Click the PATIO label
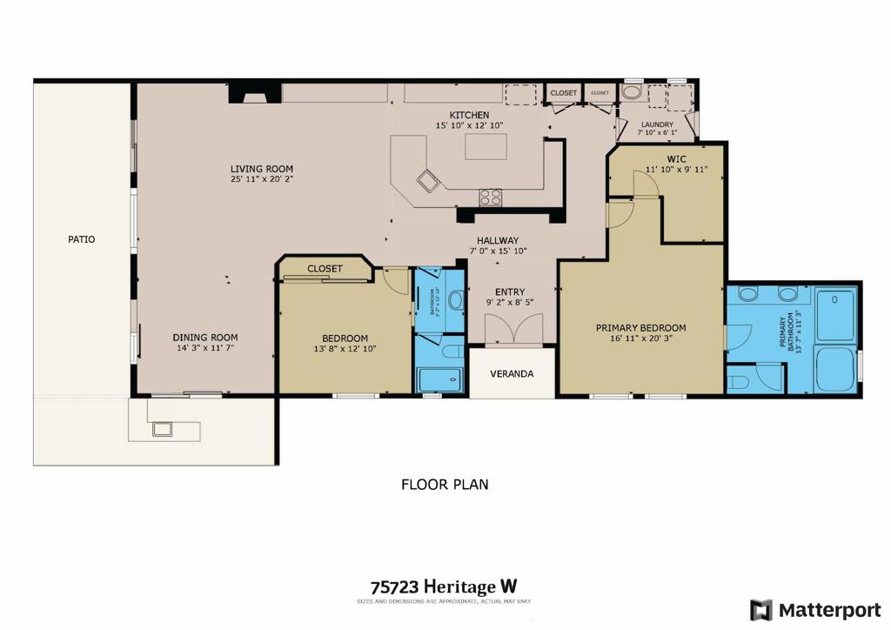tap(81, 239)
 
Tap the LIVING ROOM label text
tap(261, 169)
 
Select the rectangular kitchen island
tap(485, 146)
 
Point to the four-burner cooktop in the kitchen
tap(490, 197)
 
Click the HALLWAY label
tap(497, 240)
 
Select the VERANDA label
tap(511, 373)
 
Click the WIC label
tap(677, 158)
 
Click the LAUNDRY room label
tap(656, 124)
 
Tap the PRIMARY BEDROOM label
tap(640, 328)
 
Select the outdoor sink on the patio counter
tap(162, 428)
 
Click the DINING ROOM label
tap(204, 338)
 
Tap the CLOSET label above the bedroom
tap(325, 269)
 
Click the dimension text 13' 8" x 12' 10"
tap(345, 349)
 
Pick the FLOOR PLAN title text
tap(445, 484)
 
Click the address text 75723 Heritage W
tap(444, 587)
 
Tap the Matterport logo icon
tap(761, 609)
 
